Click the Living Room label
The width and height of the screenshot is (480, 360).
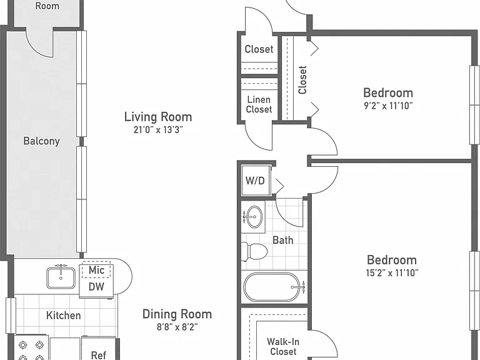(x=158, y=117)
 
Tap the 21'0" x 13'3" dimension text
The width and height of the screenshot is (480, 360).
(x=158, y=130)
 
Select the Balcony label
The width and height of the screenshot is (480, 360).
(x=42, y=141)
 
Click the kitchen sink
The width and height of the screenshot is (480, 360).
(x=61, y=278)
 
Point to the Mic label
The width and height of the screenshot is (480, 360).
(x=96, y=270)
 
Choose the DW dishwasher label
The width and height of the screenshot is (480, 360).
(x=96, y=287)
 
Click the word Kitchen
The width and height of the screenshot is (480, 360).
(x=63, y=315)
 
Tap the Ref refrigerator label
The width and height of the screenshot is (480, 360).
(x=99, y=355)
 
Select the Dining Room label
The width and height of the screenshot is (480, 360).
(x=177, y=314)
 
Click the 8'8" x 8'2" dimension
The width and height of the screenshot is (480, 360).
(x=177, y=327)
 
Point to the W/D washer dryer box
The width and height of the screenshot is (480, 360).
(x=256, y=181)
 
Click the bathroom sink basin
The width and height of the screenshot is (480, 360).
(x=254, y=217)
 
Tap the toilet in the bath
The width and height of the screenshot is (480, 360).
(x=254, y=252)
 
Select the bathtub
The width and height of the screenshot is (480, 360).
(x=274, y=287)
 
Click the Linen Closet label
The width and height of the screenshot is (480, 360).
(x=259, y=104)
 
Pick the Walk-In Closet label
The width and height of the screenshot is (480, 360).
(x=283, y=346)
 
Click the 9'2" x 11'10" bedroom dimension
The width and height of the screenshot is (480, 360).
(x=388, y=106)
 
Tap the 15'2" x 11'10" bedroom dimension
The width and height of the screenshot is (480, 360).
(x=392, y=272)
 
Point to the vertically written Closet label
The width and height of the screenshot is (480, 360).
(x=302, y=80)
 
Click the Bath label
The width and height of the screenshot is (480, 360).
(x=283, y=240)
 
